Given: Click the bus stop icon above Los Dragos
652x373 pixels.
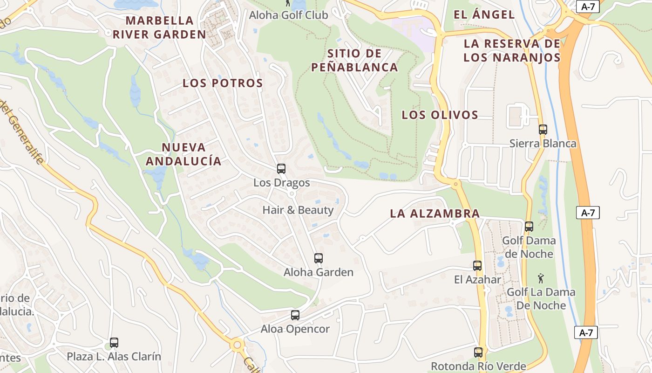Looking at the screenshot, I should click(281, 169).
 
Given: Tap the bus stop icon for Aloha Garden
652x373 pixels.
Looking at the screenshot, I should click(319, 258).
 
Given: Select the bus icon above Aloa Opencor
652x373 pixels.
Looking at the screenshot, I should click(295, 315).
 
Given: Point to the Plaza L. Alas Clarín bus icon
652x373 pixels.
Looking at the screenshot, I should click(114, 343).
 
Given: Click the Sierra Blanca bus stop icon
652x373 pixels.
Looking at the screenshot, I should click(543, 130).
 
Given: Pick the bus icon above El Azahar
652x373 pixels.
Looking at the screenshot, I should click(477, 266).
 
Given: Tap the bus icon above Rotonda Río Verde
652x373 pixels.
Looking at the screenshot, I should click(478, 352).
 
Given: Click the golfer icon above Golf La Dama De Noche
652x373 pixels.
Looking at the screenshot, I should click(541, 279).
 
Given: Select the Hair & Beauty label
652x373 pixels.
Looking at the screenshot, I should click(298, 210).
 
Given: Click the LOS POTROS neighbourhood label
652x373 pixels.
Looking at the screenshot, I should click(223, 83).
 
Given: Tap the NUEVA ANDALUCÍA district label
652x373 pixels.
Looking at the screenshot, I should click(183, 154).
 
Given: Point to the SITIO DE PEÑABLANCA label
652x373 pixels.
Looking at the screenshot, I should click(354, 60).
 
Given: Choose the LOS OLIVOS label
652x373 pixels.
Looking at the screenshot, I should click(440, 115).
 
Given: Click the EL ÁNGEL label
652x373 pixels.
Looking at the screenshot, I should click(484, 14).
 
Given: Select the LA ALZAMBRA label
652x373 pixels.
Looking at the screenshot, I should click(435, 214).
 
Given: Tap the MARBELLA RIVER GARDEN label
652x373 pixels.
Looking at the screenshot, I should click(159, 27).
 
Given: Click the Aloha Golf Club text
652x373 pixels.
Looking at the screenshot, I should click(289, 15).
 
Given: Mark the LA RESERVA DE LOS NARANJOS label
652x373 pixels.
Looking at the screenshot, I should click(512, 50).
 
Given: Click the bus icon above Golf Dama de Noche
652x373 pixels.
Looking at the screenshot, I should click(529, 227).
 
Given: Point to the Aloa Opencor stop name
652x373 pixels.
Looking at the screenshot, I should click(295, 329).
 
